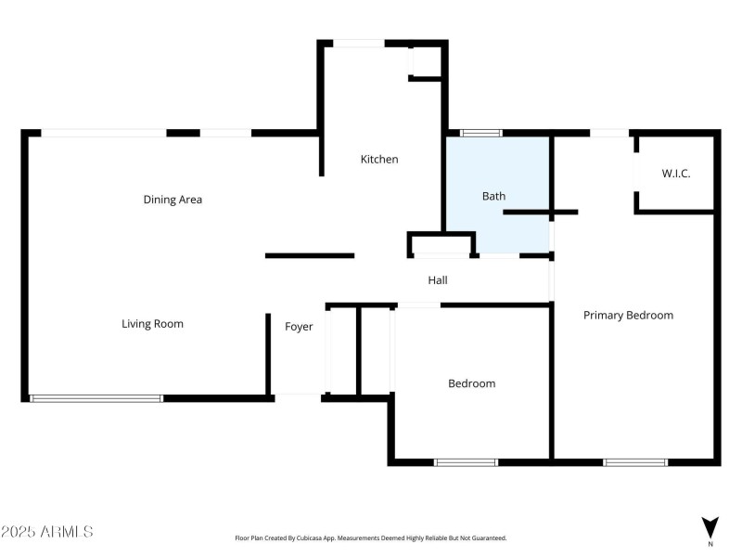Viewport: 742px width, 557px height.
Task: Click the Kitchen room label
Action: coord(379,160)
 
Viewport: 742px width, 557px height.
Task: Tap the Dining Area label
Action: coord(173,200)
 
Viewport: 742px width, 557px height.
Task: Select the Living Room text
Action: coord(153,324)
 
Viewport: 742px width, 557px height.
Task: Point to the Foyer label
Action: coord(299,327)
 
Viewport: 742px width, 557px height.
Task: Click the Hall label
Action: coord(439,279)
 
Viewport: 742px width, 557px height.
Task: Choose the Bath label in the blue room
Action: coord(493,196)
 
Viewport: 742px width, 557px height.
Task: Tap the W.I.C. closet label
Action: coord(675,174)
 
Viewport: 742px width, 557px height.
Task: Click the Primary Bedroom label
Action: coord(628,316)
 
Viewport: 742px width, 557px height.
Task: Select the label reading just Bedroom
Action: coord(471,383)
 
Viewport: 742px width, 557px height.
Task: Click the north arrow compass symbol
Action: coord(710,527)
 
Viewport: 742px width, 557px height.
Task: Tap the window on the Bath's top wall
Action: coord(476,134)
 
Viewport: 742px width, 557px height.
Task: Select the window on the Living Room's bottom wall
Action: coord(96,398)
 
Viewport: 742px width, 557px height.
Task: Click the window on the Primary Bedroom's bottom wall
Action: coord(635,461)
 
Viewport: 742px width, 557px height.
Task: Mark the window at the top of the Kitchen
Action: coord(359,43)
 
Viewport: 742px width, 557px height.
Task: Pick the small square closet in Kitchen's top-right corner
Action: coord(426,61)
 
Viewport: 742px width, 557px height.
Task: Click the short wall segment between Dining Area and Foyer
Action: coord(310,255)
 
